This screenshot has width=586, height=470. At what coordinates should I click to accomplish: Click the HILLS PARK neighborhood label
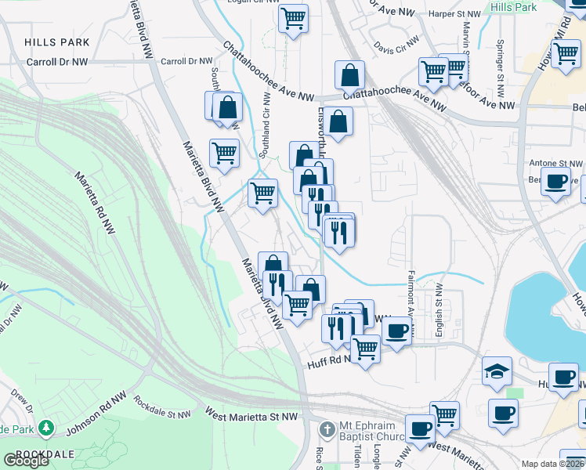[x=56, y=42]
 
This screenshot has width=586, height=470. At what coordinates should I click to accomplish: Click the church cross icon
[x=327, y=428]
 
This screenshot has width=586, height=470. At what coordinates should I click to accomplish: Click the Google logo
[x=25, y=461]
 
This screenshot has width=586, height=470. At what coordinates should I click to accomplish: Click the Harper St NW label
[x=454, y=14]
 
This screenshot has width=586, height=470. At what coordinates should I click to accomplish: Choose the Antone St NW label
[x=555, y=163]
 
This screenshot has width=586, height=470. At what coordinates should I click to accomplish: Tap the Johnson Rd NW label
[x=96, y=413]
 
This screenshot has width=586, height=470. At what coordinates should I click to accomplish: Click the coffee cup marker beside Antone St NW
[x=556, y=182]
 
